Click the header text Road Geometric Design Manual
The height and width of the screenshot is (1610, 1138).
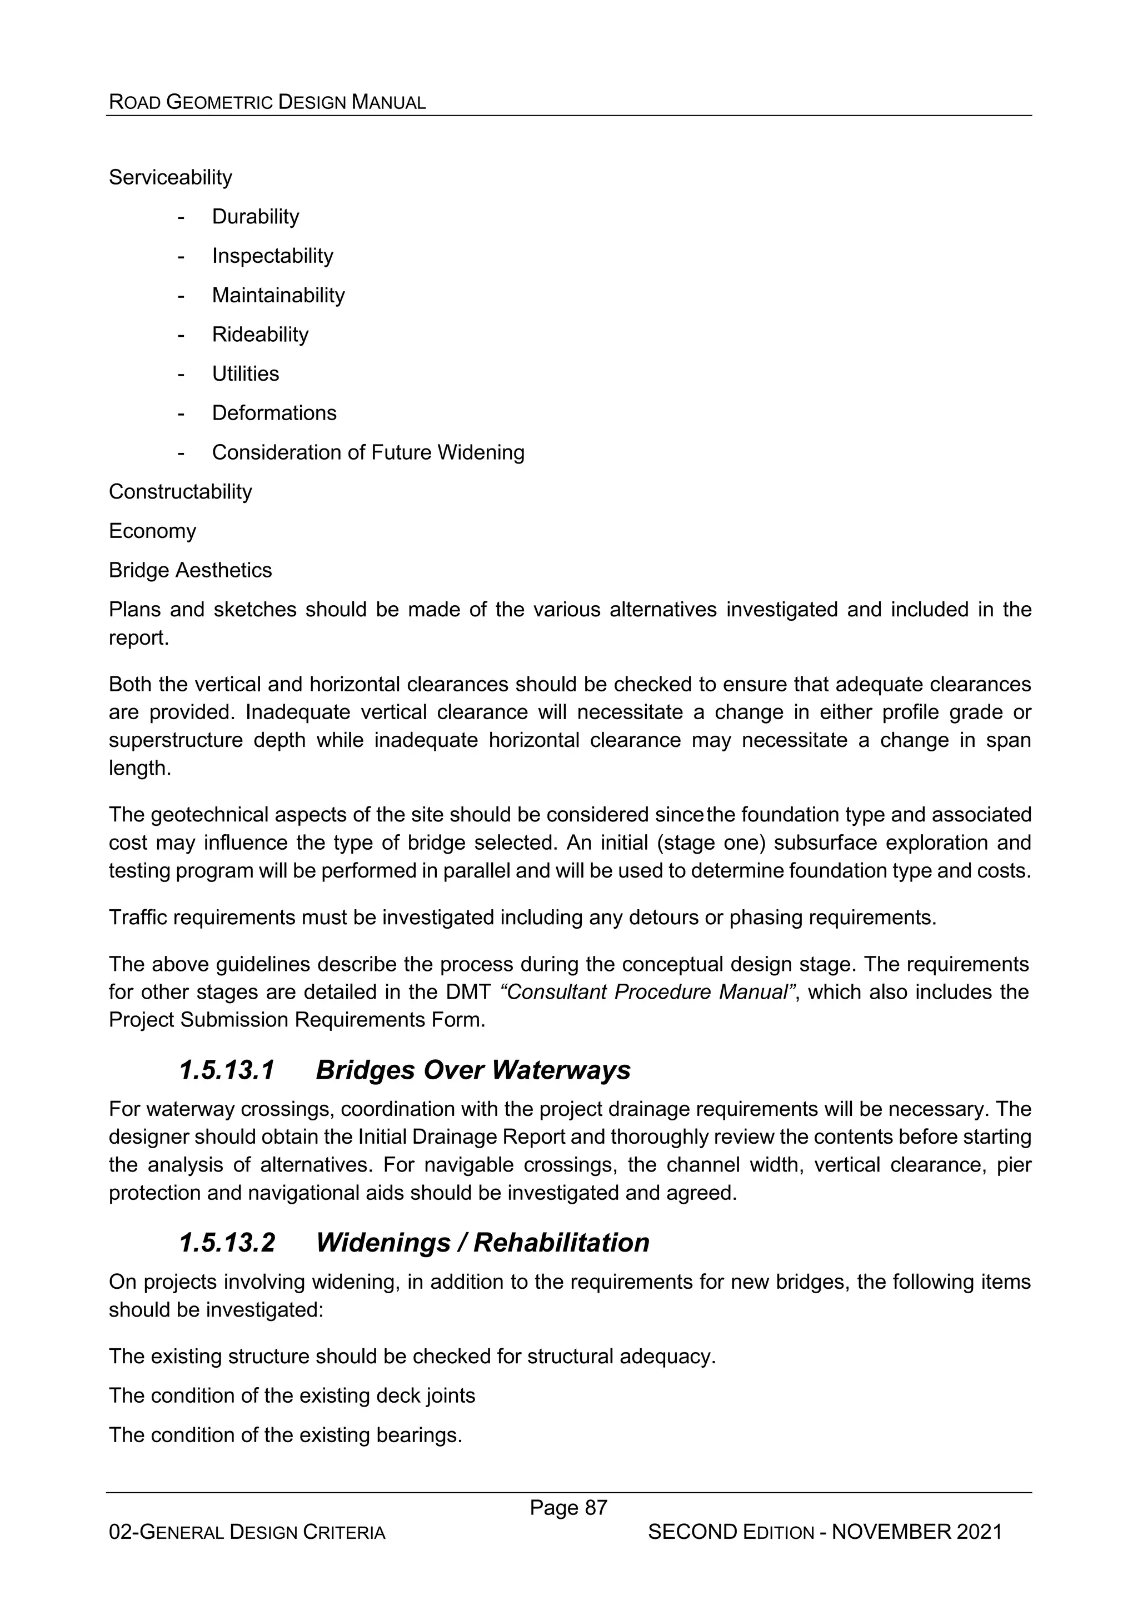pos(267,102)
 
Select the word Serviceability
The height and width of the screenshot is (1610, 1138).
pos(171,177)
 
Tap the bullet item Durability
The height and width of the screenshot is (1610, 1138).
pos(255,217)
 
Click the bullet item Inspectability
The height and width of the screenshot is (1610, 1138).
pos(272,256)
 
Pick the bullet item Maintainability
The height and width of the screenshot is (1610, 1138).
pos(278,295)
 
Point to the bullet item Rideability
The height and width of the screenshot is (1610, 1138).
pos(260,335)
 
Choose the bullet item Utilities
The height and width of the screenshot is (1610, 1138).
pos(246,374)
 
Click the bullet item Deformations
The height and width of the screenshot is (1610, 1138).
pos(274,413)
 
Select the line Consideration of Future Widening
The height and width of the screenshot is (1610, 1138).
pos(368,452)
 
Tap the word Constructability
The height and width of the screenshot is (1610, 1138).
pos(180,491)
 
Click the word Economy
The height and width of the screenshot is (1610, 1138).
pos(152,531)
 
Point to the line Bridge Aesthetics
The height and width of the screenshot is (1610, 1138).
pos(190,570)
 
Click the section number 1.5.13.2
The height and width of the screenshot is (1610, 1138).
pos(227,1243)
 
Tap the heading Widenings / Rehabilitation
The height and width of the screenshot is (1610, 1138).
pos(482,1243)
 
